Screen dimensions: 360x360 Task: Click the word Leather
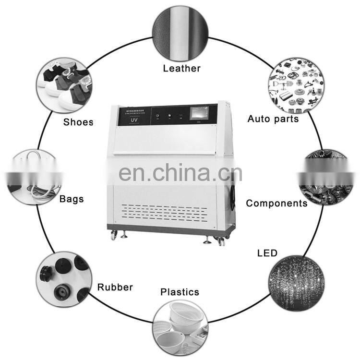pos(181,68)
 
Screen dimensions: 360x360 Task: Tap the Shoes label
pos(78,122)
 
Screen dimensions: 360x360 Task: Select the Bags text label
pos(72,198)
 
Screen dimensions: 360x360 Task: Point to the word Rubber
pos(115,288)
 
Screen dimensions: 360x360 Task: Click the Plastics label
pos(180,291)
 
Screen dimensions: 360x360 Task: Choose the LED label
pos(267,252)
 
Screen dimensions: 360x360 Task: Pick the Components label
pos(276,203)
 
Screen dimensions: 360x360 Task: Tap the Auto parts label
pos(273,119)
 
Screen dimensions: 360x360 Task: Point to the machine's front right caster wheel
pos(221,241)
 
